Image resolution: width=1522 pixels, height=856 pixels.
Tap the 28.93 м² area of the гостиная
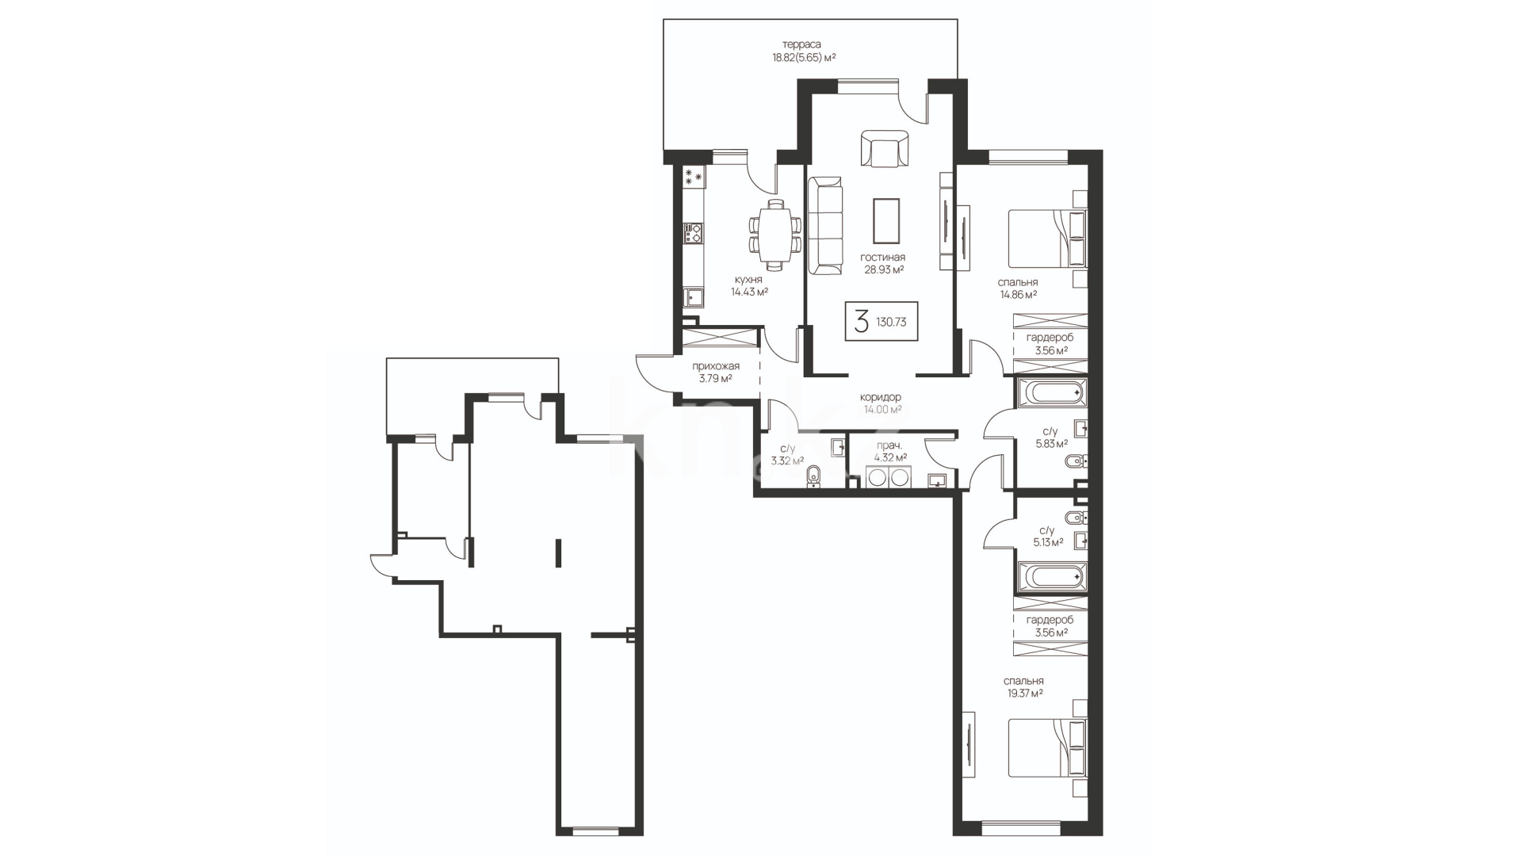point(884,269)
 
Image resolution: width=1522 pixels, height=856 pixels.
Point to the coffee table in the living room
point(886,220)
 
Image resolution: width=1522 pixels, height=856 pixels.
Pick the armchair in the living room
point(884,148)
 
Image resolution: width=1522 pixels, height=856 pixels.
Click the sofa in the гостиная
point(825,226)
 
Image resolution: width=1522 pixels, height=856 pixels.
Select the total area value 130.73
point(892,323)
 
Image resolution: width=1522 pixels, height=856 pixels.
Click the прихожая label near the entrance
point(716,366)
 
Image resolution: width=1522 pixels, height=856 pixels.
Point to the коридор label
point(881,397)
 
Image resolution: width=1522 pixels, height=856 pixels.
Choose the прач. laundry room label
point(889,446)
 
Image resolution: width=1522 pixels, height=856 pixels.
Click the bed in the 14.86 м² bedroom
point(1047,238)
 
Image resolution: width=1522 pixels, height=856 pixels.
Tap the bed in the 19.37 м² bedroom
point(1047,748)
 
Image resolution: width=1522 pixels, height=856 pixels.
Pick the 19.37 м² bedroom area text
point(1023,693)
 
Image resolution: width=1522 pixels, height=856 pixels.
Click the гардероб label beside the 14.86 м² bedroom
point(1050,338)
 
